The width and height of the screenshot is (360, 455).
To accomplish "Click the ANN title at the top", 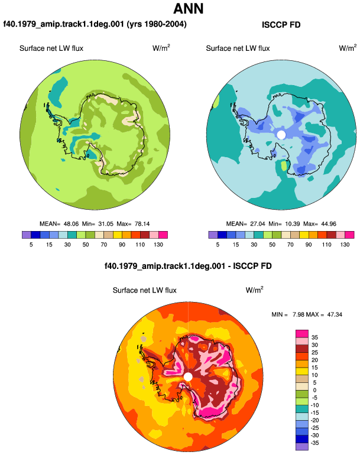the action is pos(189,8).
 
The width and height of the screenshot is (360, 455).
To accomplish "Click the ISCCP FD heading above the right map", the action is pos(281,25).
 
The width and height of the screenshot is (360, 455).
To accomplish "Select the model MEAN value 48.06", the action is pos(71,224).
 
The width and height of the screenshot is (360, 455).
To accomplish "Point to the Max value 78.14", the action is pos(142,224).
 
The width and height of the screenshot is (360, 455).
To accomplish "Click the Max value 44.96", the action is pos(329,224).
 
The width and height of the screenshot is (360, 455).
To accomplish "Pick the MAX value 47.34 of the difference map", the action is pos(335,314).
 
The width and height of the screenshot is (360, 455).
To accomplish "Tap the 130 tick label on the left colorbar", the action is pos(158,245).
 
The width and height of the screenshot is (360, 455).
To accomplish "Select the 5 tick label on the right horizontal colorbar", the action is pos(218,245).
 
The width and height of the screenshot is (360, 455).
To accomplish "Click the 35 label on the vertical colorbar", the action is pos(314,337).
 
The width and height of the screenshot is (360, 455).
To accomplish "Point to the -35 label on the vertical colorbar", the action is pos(314,443).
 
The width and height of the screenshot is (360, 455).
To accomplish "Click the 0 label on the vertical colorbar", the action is pos(314,390).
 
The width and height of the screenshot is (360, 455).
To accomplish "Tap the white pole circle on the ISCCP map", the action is pos(281,135).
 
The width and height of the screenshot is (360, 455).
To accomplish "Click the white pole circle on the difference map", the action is pos(188,377).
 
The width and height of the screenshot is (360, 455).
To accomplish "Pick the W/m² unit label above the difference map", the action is pos(254,290).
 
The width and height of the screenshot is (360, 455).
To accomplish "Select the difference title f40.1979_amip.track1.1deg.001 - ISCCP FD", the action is pos(188,266).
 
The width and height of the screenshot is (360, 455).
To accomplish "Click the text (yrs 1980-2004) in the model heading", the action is pos(157,24).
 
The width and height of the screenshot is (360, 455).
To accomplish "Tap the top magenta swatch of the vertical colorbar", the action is pos(302,334).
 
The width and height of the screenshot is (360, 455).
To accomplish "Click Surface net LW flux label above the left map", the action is pos(51,48).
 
